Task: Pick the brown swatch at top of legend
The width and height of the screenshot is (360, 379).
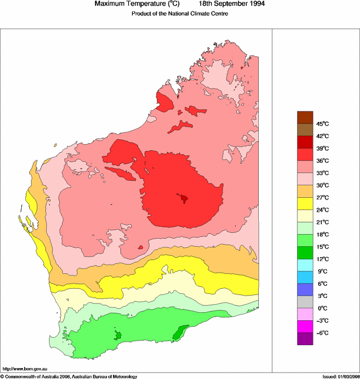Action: pyautogui.click(x=305, y=117)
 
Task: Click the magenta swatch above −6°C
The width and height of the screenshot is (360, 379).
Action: pyautogui.click(x=305, y=327)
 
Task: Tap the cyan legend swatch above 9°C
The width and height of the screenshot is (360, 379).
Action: pyautogui.click(x=305, y=265)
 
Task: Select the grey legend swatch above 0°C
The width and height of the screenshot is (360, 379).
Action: pyautogui.click(x=305, y=302)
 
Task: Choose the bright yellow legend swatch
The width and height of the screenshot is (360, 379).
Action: pyautogui.click(x=305, y=204)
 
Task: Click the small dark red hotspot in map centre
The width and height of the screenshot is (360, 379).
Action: pyautogui.click(x=184, y=198)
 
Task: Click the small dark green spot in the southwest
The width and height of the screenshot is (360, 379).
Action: pyautogui.click(x=118, y=335)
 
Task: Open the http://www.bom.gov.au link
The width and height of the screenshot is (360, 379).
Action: pyautogui.click(x=24, y=369)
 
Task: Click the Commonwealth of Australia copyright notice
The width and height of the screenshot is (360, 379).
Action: pyautogui.click(x=69, y=376)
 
